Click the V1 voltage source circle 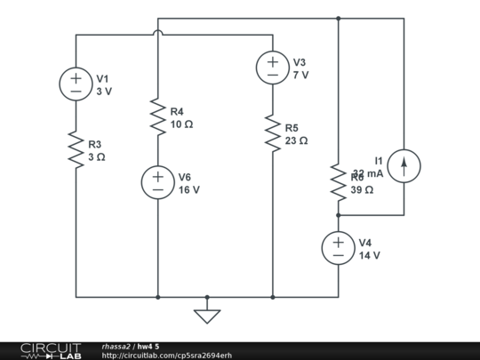coord(76,84)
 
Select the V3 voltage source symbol coord(272,68)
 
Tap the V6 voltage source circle coord(157,182)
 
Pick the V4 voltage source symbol coord(338,248)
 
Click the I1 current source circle coord(404,165)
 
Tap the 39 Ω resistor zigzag coord(338,181)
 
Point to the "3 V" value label coord(104,92)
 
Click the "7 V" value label coord(300,76)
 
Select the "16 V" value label coord(188,190)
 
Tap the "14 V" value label coord(369,256)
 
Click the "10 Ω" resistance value coord(181,125)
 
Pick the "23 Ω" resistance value coord(296,141)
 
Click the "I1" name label coord(380,160)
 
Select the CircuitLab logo coord(50,350)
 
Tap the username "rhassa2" coord(116,346)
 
